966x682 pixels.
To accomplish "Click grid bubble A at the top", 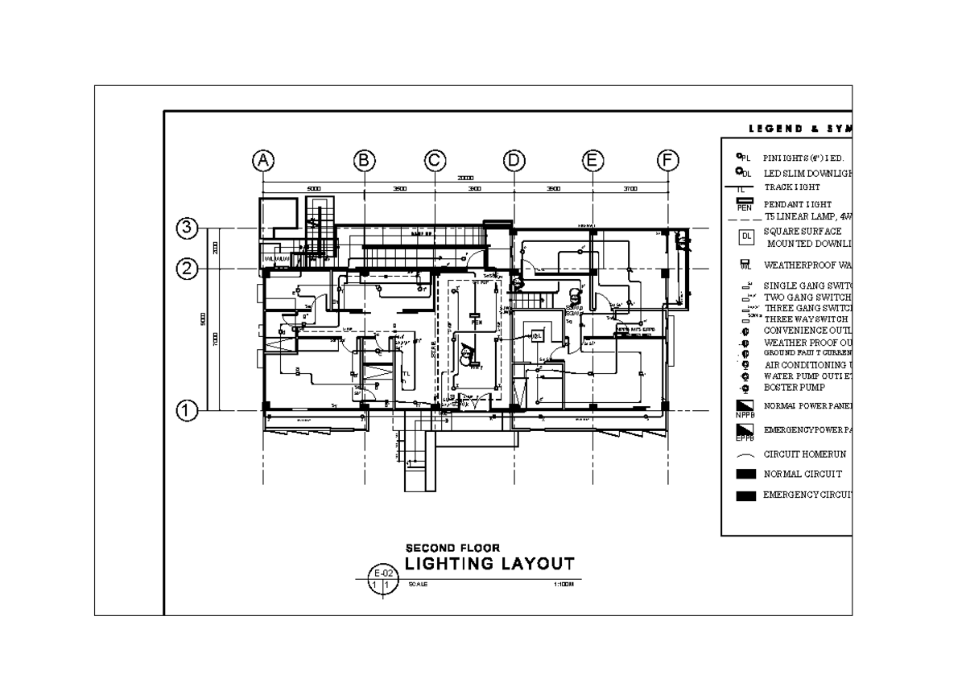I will coord(262,161).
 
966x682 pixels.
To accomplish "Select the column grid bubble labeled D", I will coord(513,161).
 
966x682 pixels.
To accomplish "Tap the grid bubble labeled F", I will coord(667,161).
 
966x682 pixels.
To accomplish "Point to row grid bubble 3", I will coord(187,228).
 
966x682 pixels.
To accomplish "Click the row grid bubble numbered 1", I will coord(187,411).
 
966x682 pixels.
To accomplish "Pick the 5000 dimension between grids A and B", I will coord(314,189).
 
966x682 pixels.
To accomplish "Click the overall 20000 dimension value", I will coord(465,179).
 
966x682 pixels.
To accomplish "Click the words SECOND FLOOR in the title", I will coord(452,548).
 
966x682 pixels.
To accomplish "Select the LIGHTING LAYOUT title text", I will coord(489,563).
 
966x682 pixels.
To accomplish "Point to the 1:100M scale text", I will coord(563,585).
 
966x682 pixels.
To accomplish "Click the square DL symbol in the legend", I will coord(746,236).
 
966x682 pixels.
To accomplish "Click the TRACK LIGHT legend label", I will coord(792,187).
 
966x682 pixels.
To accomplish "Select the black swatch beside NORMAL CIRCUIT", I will coord(746,475).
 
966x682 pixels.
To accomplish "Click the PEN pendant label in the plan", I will coord(476,322).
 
